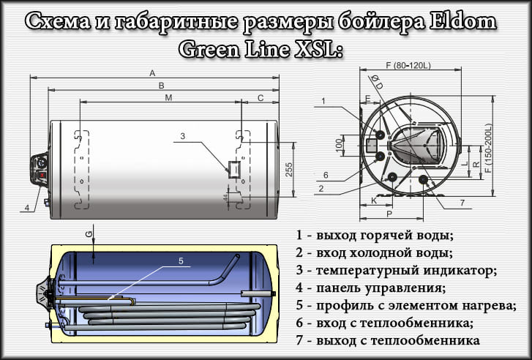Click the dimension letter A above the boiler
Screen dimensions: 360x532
coord(152,72)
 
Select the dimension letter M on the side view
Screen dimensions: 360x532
coord(168,97)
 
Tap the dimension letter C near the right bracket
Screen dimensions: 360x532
coord(261,97)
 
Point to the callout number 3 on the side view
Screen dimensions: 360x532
coord(183,135)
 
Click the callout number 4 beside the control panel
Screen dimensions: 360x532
coord(26,207)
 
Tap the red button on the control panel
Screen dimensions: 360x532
coord(41,175)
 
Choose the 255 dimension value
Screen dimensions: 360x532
coord(288,168)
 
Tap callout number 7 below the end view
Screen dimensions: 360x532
coord(462,202)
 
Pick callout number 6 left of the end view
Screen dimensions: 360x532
coord(326,175)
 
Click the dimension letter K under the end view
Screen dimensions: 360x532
coord(374,199)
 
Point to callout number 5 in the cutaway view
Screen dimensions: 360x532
coord(181,260)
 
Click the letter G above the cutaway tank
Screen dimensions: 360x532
coord(89,233)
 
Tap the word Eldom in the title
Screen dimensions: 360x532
coord(461,22)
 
